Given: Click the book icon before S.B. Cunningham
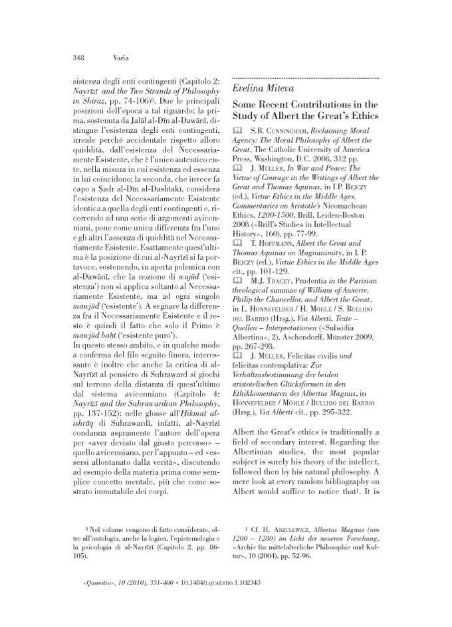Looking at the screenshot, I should click(240, 133).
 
